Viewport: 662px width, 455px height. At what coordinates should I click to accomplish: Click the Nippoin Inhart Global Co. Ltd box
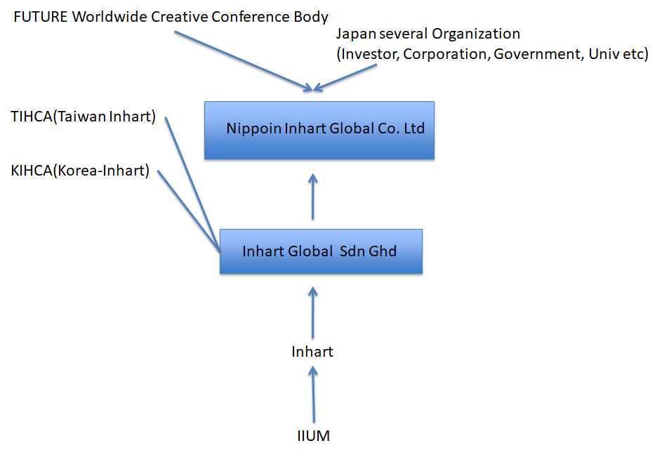tap(319, 130)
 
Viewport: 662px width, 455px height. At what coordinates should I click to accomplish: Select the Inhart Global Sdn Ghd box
tap(321, 251)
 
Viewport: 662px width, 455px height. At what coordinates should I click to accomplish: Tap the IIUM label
tap(313, 436)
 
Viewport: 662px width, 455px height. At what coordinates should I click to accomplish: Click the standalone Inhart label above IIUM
tap(312, 351)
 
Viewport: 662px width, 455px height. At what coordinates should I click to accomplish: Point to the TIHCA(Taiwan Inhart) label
tap(83, 117)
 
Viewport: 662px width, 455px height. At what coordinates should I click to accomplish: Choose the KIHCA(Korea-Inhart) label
tap(81, 171)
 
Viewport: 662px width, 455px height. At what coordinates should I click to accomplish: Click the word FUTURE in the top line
tap(41, 16)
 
